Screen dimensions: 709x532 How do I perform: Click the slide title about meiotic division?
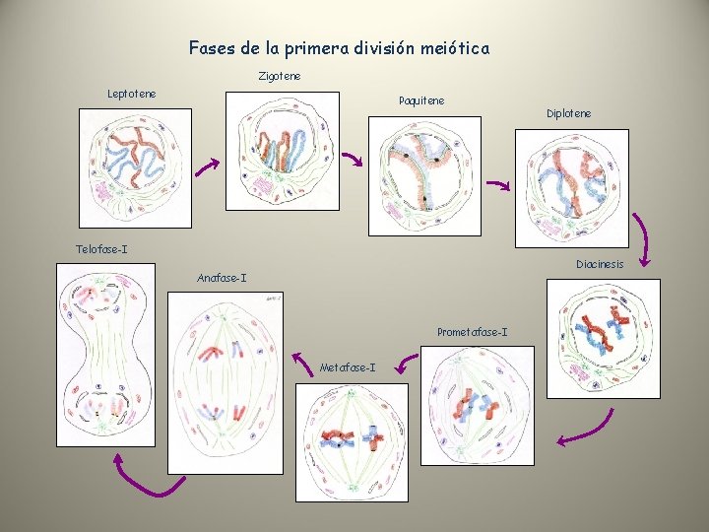tap(339, 47)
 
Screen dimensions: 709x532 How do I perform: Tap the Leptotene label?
tap(131, 94)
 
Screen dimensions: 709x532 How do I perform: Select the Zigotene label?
tap(280, 76)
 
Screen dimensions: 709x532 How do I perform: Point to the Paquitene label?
tap(421, 100)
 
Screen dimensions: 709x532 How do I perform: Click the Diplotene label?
tap(569, 113)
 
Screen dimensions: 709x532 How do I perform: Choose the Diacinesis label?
tap(600, 264)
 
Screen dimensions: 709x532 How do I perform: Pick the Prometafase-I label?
tap(473, 332)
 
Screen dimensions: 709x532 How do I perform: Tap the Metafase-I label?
tap(348, 367)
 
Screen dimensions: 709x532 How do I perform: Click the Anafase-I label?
tap(222, 278)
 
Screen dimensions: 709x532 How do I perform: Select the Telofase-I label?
tap(101, 248)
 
